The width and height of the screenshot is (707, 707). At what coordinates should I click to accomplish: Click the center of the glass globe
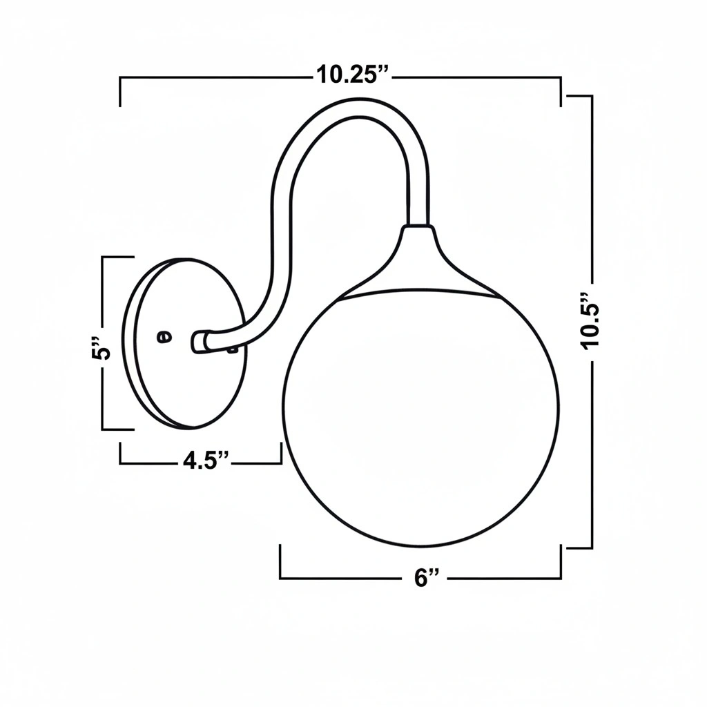(x=422, y=418)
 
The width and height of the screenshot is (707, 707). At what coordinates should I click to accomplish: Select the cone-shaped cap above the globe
(x=419, y=262)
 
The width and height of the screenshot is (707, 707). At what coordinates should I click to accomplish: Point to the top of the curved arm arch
(x=359, y=108)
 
